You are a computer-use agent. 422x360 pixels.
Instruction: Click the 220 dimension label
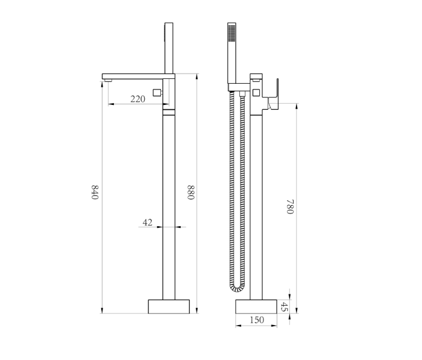[x=138, y=99]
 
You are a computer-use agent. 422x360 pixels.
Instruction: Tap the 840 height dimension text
[x=95, y=192]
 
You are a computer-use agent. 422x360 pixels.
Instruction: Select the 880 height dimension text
[x=191, y=192]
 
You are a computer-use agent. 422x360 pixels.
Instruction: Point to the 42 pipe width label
[x=148, y=223]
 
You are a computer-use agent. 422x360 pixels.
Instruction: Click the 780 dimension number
[x=290, y=206]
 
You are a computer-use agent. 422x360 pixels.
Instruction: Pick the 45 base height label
[x=284, y=307]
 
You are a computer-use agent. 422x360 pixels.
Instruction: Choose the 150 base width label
[x=257, y=320]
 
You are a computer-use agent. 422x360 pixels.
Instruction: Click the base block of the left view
[x=169, y=306]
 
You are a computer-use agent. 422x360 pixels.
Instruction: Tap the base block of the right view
[x=256, y=306]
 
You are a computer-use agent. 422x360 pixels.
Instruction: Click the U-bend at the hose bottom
[x=238, y=289]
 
